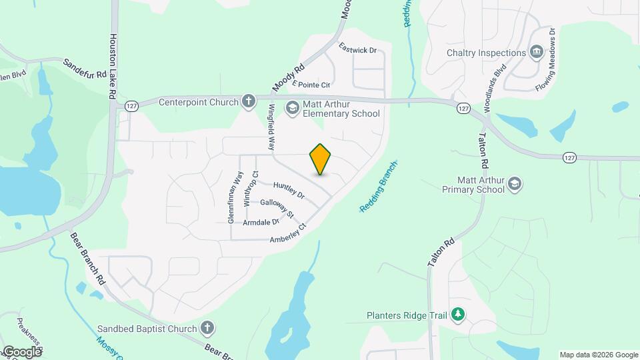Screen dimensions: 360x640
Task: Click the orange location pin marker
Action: pyautogui.click(x=321, y=159)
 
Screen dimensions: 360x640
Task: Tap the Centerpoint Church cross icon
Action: pyautogui.click(x=249, y=101)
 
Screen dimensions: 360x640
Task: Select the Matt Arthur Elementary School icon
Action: pyautogui.click(x=292, y=108)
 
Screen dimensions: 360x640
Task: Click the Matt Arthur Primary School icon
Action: pyautogui.click(x=514, y=184)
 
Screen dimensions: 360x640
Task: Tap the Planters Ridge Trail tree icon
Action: pyautogui.click(x=457, y=315)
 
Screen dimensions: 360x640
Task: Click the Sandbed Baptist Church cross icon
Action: pyautogui.click(x=207, y=328)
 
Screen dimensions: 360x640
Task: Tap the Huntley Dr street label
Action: pyautogui.click(x=289, y=191)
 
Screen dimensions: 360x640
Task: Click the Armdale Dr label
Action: pyautogui.click(x=261, y=222)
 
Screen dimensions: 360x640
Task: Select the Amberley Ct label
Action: pyautogui.click(x=287, y=234)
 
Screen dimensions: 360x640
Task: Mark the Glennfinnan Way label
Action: pyautogui.click(x=233, y=197)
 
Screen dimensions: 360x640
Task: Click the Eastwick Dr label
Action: pyautogui.click(x=358, y=49)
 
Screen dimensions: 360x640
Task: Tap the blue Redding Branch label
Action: pyautogui.click(x=379, y=186)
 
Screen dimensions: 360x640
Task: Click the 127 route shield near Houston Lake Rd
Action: pyautogui.click(x=131, y=107)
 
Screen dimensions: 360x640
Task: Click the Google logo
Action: pyautogui.click(x=22, y=351)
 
